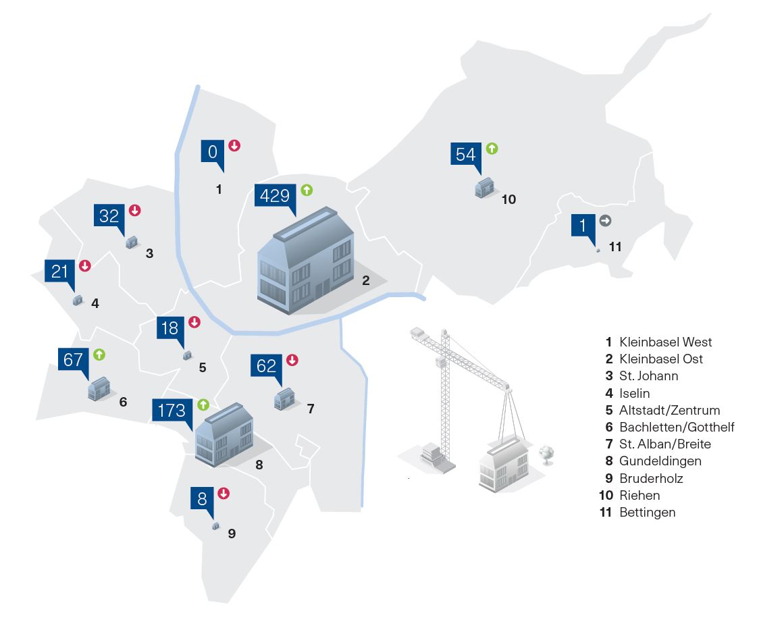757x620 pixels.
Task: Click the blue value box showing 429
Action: [276, 196]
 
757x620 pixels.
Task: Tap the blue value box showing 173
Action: [172, 411]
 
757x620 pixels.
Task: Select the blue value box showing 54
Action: [466, 154]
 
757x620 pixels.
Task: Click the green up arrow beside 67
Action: [100, 354]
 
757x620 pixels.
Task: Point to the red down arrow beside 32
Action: [134, 210]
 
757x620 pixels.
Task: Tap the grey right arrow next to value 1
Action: [605, 220]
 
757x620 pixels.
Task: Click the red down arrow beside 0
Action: [234, 145]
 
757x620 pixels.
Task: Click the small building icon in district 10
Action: [485, 187]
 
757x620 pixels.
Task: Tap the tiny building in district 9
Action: [215, 525]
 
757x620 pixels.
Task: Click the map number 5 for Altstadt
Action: [203, 368]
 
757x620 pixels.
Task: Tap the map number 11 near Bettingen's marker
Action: [615, 247]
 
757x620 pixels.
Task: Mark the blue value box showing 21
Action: [60, 272]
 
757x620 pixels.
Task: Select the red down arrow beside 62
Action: [292, 360]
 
